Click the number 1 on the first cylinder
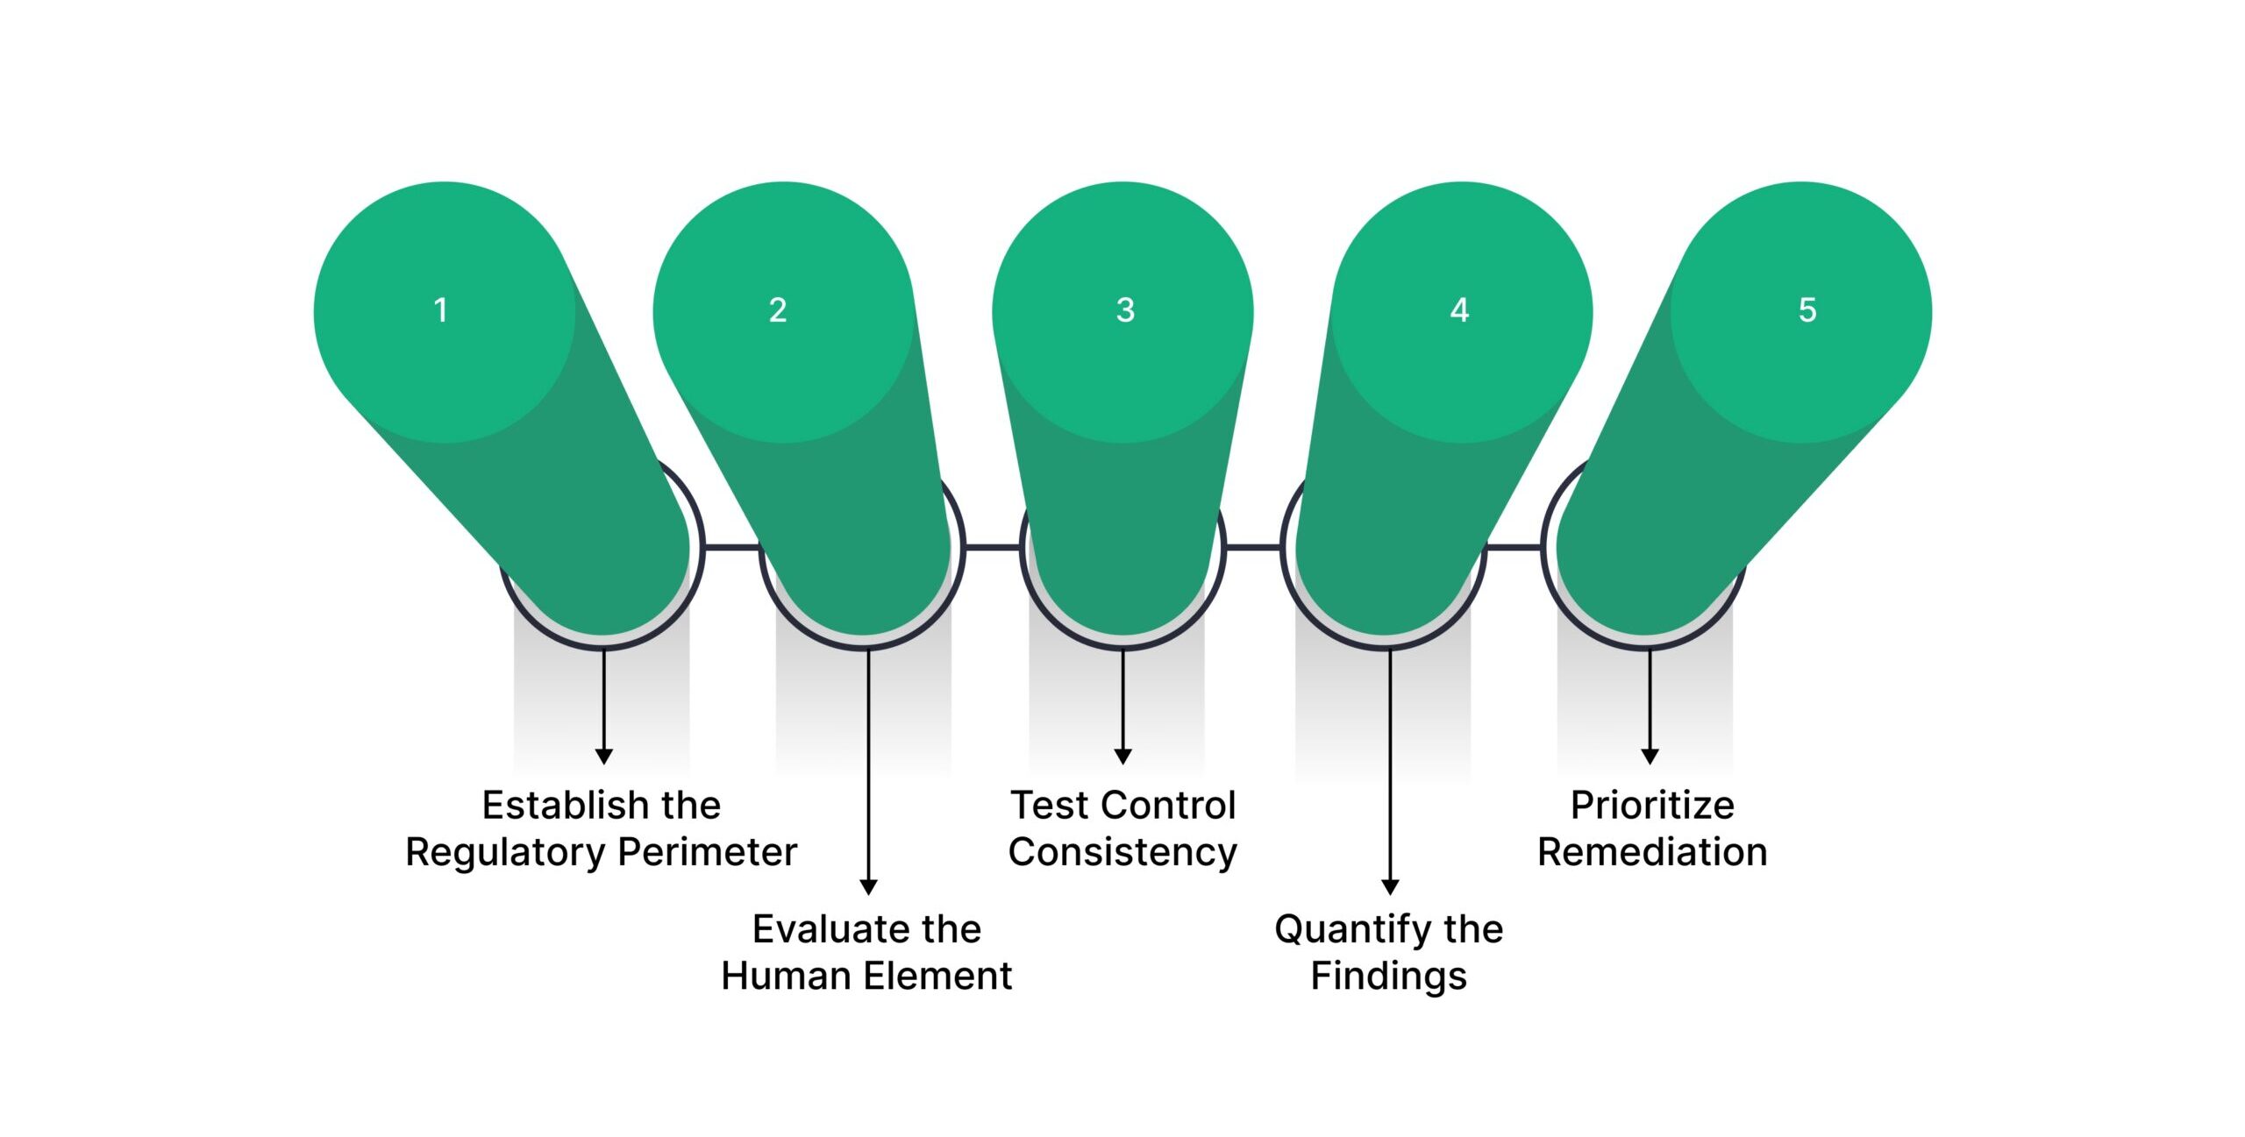(441, 310)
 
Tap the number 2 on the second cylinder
(778, 310)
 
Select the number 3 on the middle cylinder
(1125, 310)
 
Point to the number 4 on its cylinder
(1459, 310)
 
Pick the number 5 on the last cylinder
(1807, 310)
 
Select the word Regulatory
(505, 852)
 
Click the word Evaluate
(819, 929)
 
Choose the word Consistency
(1122, 852)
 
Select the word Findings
(1388, 976)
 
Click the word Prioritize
(1652, 806)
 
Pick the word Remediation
(1652, 852)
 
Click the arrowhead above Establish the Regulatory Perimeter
(603, 756)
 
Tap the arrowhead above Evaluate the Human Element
(868, 886)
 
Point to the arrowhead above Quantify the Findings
(1390, 886)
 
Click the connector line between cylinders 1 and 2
(732, 548)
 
